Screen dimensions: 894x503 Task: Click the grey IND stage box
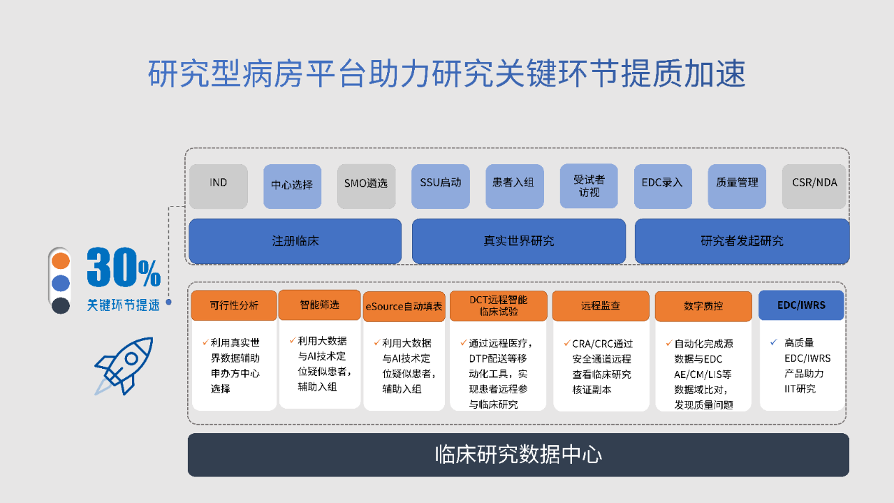tap(219, 186)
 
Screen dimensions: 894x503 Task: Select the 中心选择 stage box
tap(292, 186)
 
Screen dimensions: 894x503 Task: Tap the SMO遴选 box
tap(367, 186)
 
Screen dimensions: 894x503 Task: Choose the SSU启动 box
tap(441, 186)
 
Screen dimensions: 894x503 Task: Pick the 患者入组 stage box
tap(515, 186)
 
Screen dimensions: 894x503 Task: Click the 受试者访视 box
tap(589, 186)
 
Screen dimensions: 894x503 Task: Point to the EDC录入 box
tap(663, 186)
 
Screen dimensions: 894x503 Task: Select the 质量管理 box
tap(737, 186)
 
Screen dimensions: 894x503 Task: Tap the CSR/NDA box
tap(814, 186)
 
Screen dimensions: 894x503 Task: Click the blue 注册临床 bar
tap(295, 241)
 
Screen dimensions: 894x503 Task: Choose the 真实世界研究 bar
tap(519, 241)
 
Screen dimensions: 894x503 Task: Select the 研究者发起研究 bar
tap(742, 241)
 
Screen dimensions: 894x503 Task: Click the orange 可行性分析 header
tap(234, 305)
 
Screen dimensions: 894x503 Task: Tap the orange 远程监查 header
tap(601, 306)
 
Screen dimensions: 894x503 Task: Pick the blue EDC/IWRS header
tap(801, 305)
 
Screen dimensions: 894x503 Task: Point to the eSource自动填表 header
tap(404, 306)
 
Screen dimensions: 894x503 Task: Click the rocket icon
tap(124, 366)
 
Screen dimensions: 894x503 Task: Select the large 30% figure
tap(124, 267)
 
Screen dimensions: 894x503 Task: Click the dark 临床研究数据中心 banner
tap(518, 455)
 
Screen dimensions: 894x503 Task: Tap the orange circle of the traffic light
tap(61, 261)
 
